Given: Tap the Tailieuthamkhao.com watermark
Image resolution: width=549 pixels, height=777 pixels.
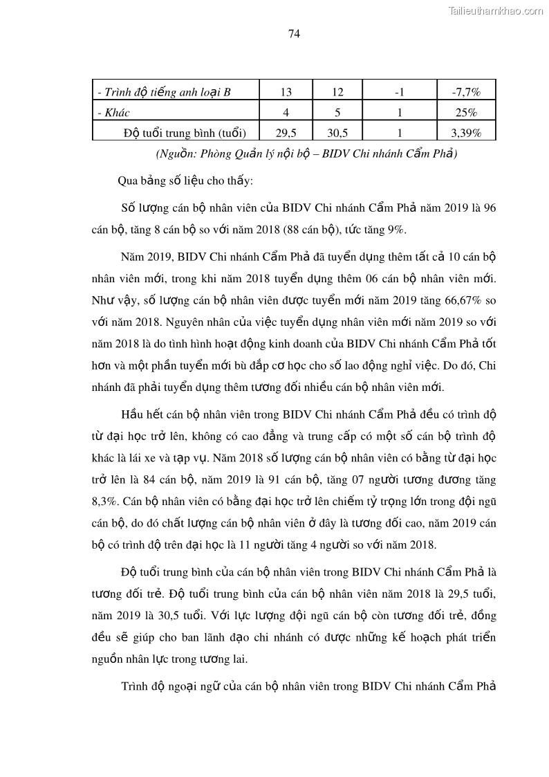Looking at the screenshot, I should [x=496, y=10].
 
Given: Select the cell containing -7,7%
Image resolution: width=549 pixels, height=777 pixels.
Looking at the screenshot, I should [x=466, y=92].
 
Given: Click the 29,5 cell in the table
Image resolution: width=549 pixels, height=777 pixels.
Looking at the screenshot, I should [x=286, y=131].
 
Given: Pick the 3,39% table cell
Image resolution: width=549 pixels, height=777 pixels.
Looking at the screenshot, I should [x=466, y=131].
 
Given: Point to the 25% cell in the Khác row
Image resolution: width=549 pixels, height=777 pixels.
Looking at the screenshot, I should [x=466, y=112].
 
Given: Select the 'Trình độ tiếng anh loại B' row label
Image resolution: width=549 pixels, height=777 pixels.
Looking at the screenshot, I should [x=163, y=92].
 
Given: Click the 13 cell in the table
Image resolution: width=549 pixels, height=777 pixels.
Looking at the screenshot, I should [x=286, y=92].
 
